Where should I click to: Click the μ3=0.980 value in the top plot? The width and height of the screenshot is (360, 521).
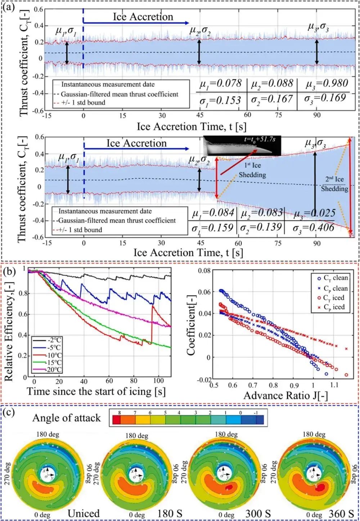click(327, 84)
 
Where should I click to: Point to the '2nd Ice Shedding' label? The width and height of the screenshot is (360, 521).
click(335, 184)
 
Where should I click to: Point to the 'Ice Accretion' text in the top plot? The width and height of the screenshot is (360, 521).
click(143, 17)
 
